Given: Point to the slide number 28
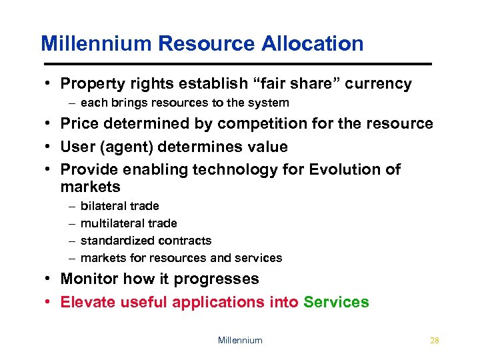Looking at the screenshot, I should [x=435, y=340].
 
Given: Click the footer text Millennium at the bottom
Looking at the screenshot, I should [x=240, y=340].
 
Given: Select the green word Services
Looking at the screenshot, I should [x=336, y=302].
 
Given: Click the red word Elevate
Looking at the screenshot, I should [x=87, y=302].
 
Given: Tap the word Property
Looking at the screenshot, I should [x=89, y=84].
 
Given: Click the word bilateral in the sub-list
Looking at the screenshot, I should [x=101, y=206].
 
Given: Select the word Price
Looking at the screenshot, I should [x=78, y=123].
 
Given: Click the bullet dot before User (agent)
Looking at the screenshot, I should [x=50, y=147].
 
